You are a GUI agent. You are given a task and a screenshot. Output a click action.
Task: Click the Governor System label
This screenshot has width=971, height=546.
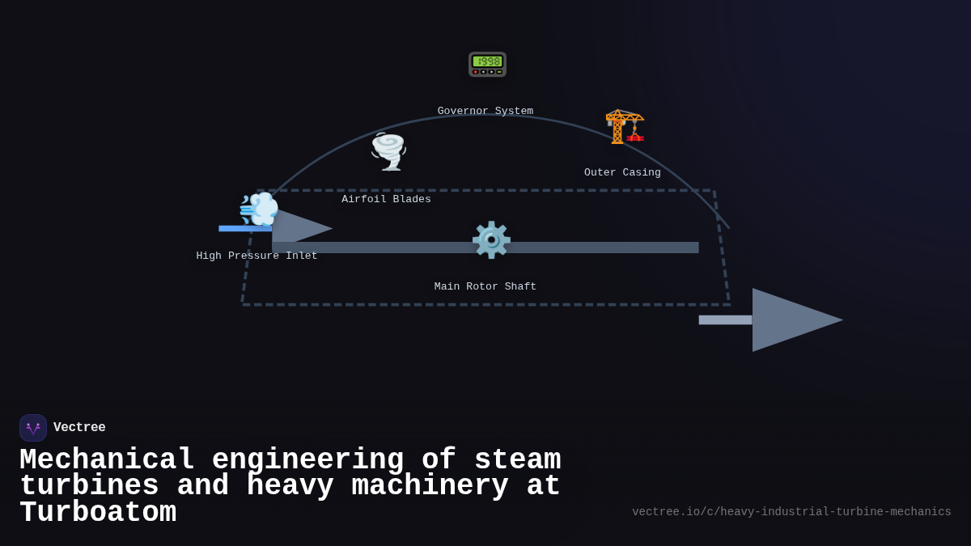pos(485,112)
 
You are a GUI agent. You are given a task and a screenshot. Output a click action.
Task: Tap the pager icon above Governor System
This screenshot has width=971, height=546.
pos(487,64)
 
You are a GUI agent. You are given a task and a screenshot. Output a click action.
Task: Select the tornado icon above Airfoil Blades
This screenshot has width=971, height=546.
pos(388,151)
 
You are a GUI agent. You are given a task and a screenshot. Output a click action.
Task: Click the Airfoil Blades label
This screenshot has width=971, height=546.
pos(386,200)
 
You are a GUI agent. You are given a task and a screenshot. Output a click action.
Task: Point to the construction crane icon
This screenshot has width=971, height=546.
pos(625,126)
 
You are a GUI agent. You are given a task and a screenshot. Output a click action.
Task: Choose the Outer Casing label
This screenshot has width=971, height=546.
pos(622,173)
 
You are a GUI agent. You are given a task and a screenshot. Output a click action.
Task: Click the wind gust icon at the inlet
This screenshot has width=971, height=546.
pos(259,209)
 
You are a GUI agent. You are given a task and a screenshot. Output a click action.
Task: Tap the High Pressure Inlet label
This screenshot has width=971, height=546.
pos(257,256)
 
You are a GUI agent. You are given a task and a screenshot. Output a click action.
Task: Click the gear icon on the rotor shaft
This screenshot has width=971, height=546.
pos(491,240)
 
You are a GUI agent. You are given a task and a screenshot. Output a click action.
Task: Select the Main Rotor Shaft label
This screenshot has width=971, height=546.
pos(485,287)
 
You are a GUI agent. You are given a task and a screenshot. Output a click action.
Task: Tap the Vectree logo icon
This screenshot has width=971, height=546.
pos(33,428)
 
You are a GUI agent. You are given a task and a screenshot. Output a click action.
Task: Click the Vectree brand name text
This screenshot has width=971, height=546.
pos(79,428)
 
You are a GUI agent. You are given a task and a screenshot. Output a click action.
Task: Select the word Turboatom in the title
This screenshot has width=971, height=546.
pos(98,514)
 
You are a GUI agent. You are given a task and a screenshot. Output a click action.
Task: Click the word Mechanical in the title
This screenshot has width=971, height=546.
pos(107,460)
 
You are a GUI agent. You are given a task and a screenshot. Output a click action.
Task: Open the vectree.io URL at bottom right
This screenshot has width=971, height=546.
pos(791,512)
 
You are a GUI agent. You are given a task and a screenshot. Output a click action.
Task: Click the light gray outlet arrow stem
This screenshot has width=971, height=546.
pos(725,320)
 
